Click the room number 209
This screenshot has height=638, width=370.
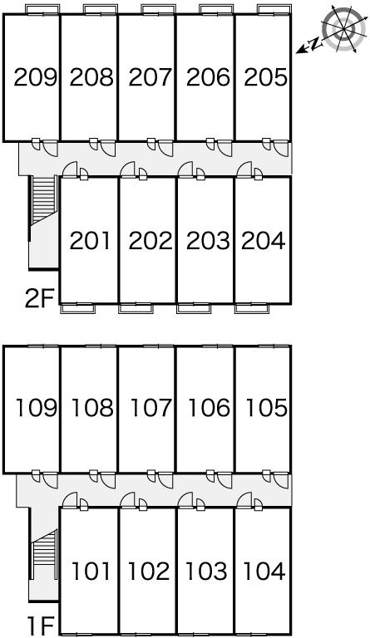(35, 77)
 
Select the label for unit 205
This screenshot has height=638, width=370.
(266, 77)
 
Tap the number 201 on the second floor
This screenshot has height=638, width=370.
(90, 240)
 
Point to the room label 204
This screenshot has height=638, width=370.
(263, 240)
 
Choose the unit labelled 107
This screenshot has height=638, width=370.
(151, 408)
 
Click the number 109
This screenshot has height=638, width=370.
(37, 408)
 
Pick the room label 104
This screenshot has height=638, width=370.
(264, 571)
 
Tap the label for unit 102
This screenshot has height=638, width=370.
(149, 571)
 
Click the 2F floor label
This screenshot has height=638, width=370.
(39, 299)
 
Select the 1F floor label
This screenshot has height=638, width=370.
(41, 626)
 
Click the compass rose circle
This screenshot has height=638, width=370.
(343, 28)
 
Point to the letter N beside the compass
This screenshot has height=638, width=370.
(314, 43)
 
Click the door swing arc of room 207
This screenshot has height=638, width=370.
(165, 149)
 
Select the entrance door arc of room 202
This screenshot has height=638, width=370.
(127, 169)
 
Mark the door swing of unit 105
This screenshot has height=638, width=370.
(281, 480)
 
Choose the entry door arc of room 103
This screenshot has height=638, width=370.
(185, 500)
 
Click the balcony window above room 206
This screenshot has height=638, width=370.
(216, 9)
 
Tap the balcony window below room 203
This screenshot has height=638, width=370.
(194, 309)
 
